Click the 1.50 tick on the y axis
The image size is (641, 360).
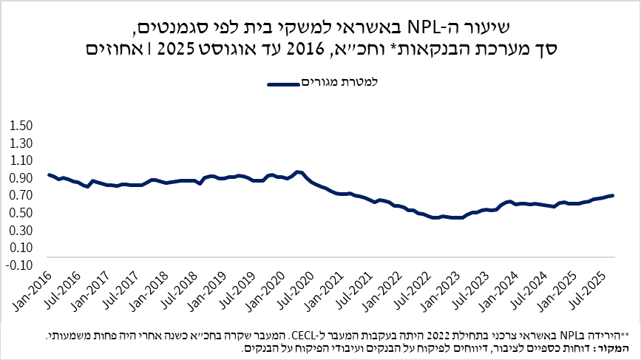[x=21, y=126]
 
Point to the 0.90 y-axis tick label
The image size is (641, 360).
[x=21, y=178]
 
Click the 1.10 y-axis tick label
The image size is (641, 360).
[x=21, y=160]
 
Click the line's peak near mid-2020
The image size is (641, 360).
[x=297, y=171]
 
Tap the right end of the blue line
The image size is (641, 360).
[x=612, y=195]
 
